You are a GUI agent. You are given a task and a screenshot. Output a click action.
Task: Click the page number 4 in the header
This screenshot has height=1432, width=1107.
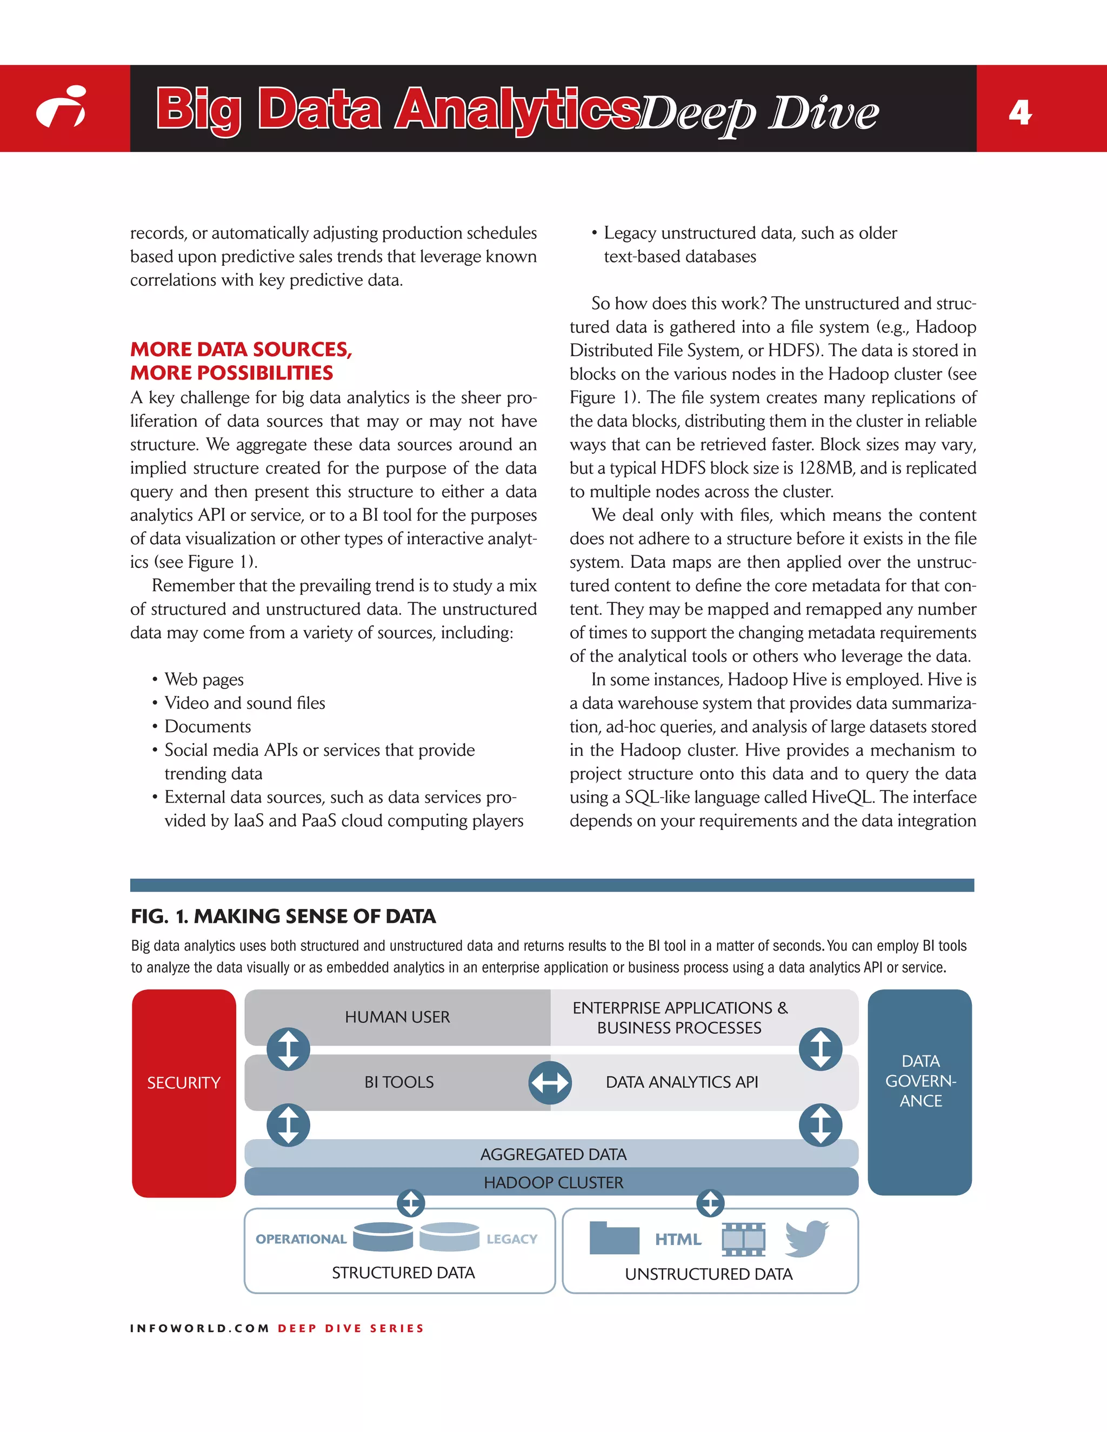tap(1020, 113)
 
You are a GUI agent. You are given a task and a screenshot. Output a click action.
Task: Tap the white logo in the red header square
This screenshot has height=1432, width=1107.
tap(62, 108)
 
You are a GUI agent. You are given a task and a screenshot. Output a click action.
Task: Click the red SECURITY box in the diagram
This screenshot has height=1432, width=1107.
tap(184, 1082)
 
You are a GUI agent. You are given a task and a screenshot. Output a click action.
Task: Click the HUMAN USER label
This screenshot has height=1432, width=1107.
tap(397, 1017)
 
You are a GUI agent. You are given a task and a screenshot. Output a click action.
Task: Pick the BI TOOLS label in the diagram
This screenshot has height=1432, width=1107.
tap(399, 1082)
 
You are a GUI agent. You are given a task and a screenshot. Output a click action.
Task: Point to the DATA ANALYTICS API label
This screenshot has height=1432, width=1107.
tap(682, 1082)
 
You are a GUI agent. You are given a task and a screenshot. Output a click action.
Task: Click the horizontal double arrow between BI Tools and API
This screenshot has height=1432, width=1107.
tap(550, 1082)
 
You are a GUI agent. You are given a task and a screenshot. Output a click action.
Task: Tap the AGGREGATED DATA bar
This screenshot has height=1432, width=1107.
tap(552, 1154)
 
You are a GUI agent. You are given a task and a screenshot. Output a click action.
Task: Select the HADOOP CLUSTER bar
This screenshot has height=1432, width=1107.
tap(552, 1182)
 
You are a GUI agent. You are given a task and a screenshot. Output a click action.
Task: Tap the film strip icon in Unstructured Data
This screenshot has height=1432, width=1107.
tap(743, 1239)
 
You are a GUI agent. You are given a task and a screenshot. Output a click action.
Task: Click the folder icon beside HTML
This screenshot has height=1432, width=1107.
tap(614, 1238)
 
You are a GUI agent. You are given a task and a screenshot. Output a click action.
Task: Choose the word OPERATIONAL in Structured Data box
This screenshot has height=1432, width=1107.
tap(301, 1239)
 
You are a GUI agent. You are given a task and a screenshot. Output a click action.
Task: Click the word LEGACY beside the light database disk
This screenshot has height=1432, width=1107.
tap(511, 1239)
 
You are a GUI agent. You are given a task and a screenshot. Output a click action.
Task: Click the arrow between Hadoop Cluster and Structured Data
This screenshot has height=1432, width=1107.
tap(411, 1203)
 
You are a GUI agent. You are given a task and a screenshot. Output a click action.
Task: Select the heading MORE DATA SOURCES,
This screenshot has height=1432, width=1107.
tap(241, 350)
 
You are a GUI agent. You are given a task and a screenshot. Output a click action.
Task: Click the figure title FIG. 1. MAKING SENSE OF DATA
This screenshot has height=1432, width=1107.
tap(283, 916)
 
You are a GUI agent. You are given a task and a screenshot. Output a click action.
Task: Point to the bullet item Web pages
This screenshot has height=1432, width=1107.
tap(204, 679)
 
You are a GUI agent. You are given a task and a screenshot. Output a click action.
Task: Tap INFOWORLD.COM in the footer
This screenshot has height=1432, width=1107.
tap(199, 1328)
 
